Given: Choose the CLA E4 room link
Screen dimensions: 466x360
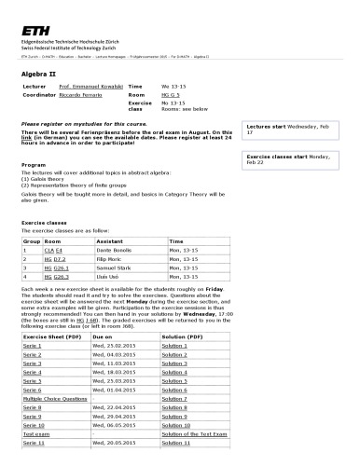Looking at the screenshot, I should (52, 251).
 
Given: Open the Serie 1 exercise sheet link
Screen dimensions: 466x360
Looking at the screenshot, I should (32, 345).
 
